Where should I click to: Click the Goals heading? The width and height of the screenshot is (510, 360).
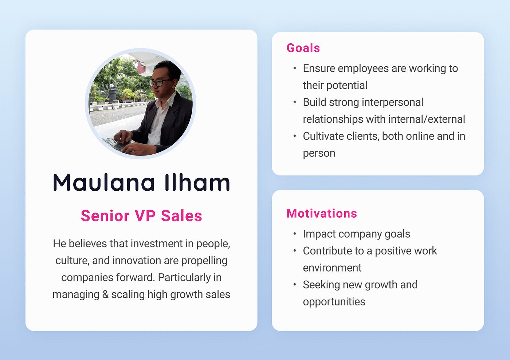click(x=303, y=48)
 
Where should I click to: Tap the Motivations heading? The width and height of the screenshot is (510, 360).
click(x=322, y=213)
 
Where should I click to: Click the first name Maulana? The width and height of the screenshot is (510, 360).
click(x=104, y=182)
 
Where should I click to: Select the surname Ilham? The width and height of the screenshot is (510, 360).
click(x=197, y=182)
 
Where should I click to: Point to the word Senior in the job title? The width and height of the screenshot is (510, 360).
click(x=105, y=216)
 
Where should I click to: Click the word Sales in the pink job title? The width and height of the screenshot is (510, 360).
click(x=181, y=216)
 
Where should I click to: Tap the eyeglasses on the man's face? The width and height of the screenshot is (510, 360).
click(x=160, y=82)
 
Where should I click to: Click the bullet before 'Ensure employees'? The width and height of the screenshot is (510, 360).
click(x=295, y=68)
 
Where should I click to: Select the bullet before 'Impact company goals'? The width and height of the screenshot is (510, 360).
click(x=295, y=234)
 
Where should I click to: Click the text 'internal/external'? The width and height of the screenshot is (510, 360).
click(x=427, y=119)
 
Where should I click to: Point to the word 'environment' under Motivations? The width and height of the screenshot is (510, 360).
click(x=332, y=268)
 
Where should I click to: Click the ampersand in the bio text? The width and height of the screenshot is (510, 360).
click(x=105, y=294)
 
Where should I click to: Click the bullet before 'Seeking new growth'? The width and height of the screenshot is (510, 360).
click(x=295, y=284)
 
